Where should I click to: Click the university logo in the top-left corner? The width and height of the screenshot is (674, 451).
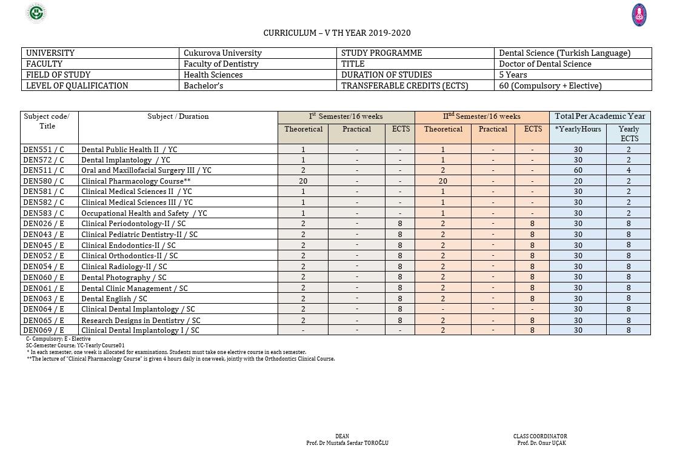(37, 13)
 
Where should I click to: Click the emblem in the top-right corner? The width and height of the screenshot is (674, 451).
(639, 15)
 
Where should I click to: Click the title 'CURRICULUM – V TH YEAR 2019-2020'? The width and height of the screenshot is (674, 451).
(336, 33)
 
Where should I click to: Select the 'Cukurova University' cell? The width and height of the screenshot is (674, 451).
(222, 53)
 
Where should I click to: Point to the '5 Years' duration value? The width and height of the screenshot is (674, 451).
(513, 75)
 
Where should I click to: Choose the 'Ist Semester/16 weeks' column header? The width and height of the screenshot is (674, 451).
(345, 116)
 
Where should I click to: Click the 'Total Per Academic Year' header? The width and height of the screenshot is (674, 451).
(599, 116)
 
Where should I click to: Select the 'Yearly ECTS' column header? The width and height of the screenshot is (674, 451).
(629, 133)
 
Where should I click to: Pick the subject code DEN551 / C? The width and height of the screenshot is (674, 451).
(43, 149)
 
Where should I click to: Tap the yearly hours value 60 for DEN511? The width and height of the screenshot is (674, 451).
(578, 170)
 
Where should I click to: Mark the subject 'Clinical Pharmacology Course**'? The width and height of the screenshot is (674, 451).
(136, 181)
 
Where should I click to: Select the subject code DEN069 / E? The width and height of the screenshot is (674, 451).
(43, 330)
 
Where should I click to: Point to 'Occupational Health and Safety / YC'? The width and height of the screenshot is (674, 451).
(144, 213)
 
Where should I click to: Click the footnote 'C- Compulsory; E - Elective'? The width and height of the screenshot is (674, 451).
(58, 339)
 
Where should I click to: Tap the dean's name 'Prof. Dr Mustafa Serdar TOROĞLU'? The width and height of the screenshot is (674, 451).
(347, 443)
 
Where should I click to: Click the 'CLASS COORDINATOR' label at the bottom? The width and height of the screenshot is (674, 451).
(540, 436)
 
